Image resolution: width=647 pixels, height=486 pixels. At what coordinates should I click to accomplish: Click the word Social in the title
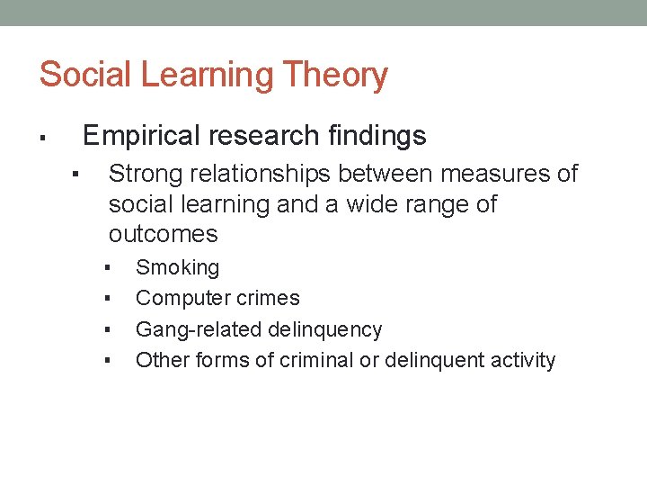click(85, 75)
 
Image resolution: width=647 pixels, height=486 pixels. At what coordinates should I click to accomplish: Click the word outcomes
click(163, 234)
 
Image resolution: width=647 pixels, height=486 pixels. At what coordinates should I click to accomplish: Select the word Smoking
click(177, 267)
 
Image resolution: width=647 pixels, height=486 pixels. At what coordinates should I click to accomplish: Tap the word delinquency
click(326, 329)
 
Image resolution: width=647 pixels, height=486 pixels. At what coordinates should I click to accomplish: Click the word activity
click(520, 360)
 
